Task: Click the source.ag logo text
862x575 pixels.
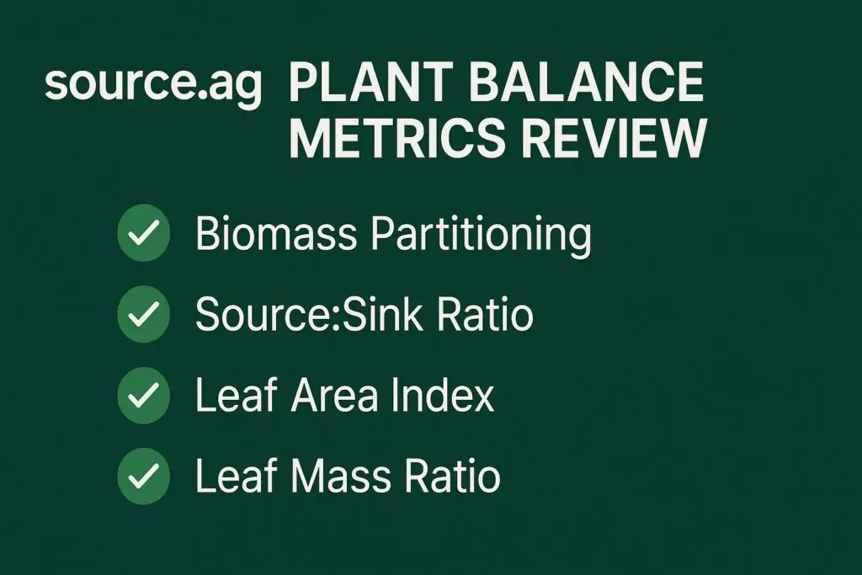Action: point(153,86)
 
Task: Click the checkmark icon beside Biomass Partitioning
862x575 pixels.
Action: point(144,234)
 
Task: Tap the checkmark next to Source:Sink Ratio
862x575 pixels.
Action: point(144,315)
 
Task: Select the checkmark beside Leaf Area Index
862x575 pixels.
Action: point(144,396)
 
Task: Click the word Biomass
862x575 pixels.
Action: point(277,235)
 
